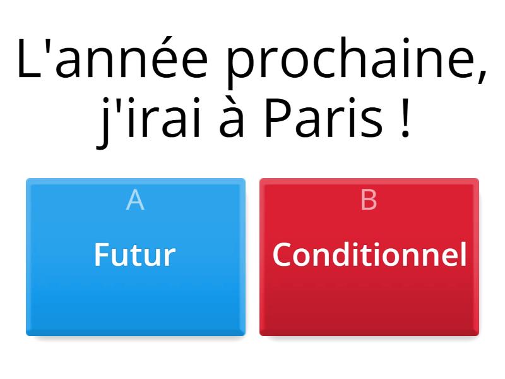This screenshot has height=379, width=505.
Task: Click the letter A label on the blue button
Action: (135, 200)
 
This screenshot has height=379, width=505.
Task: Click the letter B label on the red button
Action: (369, 200)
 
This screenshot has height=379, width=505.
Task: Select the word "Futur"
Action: (134, 255)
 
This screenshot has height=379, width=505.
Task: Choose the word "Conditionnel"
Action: (369, 255)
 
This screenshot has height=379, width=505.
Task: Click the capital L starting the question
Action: (28, 61)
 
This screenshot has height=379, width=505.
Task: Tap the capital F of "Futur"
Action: (101, 255)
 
